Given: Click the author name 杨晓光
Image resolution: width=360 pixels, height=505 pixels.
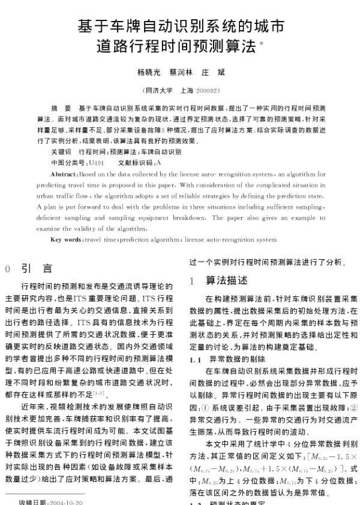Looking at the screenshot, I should point(149,72).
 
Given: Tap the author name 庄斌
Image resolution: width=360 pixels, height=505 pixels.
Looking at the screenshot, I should point(214,72).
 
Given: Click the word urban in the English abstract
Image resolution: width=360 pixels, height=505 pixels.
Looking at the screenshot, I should point(46,196).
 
